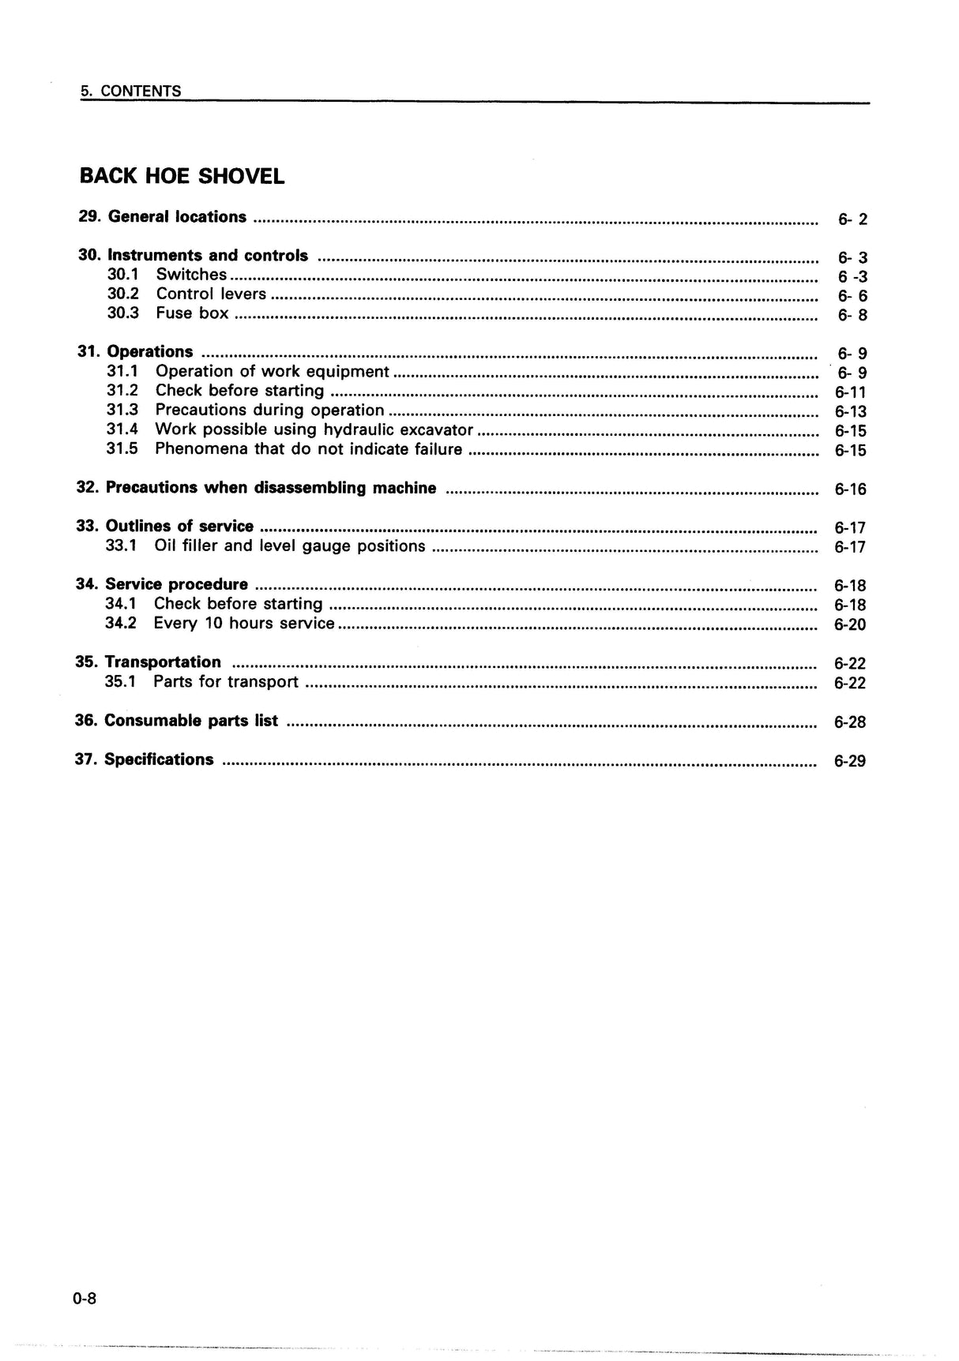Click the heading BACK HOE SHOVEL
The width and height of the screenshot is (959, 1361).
[x=182, y=176]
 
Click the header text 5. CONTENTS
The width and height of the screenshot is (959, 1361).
[x=131, y=91]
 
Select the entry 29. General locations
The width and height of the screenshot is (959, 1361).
[x=162, y=217]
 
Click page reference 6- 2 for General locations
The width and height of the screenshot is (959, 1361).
[x=852, y=219]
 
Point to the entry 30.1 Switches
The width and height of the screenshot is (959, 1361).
[x=167, y=275]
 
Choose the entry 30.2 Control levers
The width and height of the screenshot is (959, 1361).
[x=186, y=294]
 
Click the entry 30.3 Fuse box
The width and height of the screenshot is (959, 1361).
[x=167, y=313]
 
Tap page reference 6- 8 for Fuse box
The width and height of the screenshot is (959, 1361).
[x=852, y=315]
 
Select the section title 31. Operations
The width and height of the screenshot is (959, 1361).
[x=135, y=352]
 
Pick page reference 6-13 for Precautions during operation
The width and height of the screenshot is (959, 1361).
[x=850, y=411]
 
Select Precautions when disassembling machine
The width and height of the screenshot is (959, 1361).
[x=256, y=488]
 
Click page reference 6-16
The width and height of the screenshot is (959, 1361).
[x=850, y=489]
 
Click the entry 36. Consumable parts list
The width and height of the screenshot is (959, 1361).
[x=176, y=721]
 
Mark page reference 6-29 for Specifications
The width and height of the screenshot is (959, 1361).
[x=849, y=761]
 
